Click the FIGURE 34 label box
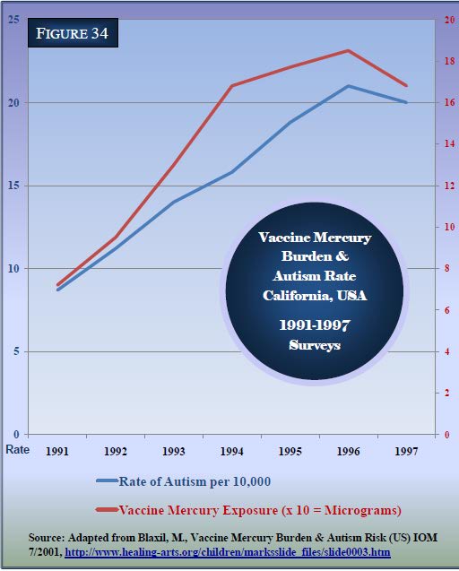(x=73, y=33)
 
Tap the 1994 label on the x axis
(x=231, y=452)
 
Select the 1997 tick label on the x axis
(x=406, y=452)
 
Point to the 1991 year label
(x=57, y=452)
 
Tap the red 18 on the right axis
(x=449, y=61)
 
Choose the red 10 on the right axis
(x=449, y=227)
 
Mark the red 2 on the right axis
(x=447, y=393)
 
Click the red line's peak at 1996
(x=348, y=50)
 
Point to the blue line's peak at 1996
(x=348, y=86)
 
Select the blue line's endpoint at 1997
(x=406, y=102)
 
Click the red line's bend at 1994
(x=232, y=86)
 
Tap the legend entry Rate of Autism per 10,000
(x=184, y=481)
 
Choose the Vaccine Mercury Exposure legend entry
(x=249, y=510)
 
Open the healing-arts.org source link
(x=228, y=552)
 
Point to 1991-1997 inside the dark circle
(x=315, y=324)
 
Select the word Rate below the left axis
(x=18, y=449)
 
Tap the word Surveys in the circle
(x=315, y=344)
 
